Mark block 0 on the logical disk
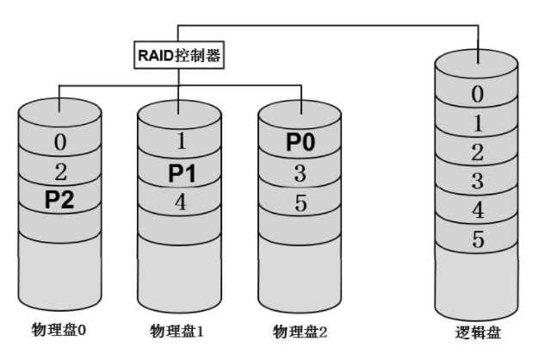(x=478, y=92)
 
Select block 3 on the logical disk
(x=478, y=180)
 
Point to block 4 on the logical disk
(x=478, y=209)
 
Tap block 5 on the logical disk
(x=478, y=239)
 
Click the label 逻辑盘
(x=479, y=332)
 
